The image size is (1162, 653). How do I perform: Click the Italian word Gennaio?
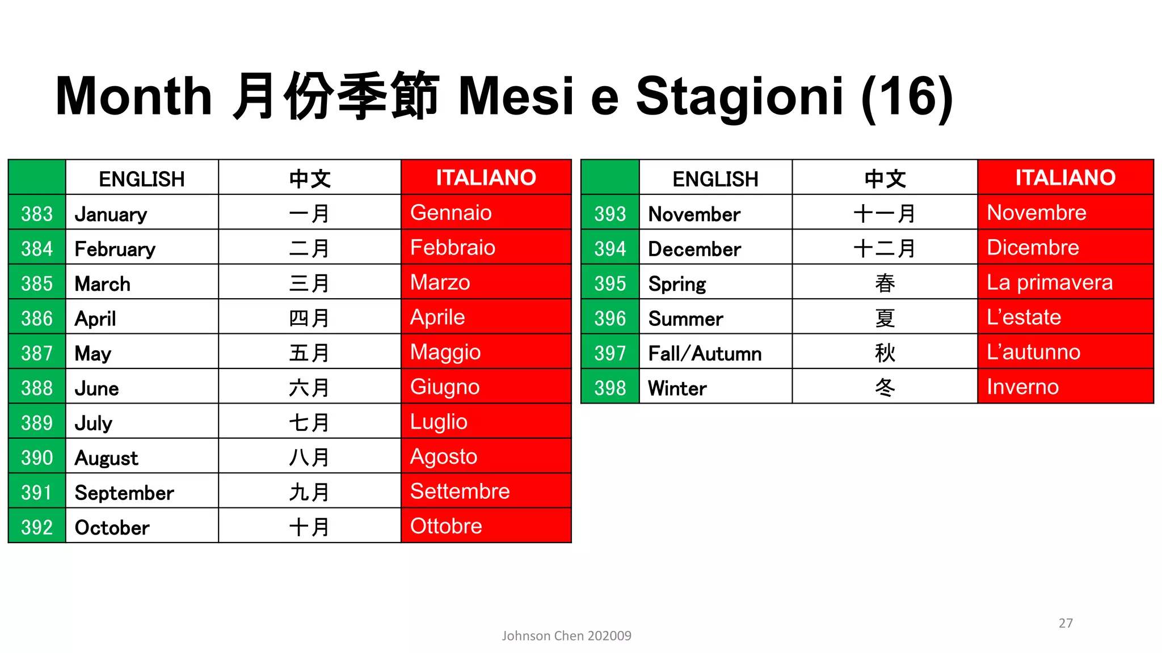point(451,213)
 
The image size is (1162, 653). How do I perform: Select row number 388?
point(37,388)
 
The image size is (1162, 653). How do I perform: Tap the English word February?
point(115,249)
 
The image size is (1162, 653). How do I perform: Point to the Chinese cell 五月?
point(309,353)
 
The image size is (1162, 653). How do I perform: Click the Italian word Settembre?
point(460,491)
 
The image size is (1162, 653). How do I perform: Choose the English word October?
point(112,527)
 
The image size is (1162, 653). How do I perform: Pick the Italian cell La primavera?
point(1050,282)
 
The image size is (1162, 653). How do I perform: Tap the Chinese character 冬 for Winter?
point(885,387)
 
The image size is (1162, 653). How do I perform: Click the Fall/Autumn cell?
point(705,353)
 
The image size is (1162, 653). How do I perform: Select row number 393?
point(610,214)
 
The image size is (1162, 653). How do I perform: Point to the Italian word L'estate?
point(1024,317)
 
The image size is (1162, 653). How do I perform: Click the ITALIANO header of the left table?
point(486,177)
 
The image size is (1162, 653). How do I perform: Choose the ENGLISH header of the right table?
point(715,179)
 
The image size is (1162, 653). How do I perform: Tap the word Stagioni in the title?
point(739,96)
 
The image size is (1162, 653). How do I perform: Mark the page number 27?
point(1066,623)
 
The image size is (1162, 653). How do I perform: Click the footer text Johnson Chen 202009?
point(566,635)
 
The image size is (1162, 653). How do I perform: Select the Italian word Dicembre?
point(1033,248)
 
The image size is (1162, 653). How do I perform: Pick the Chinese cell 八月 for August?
point(309,457)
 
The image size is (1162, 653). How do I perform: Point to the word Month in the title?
point(134,96)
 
